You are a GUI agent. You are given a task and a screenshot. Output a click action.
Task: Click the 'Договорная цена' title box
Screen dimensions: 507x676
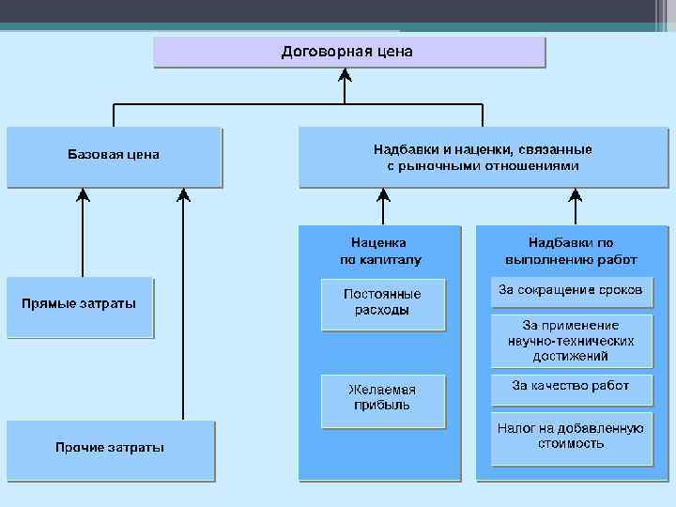pos(348,52)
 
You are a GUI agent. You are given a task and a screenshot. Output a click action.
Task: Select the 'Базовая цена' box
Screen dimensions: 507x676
pos(114,156)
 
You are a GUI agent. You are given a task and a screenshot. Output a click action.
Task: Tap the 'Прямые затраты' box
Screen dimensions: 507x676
pos(79,305)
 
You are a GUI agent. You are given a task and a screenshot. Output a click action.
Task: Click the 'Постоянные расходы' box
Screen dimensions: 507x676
pos(382,302)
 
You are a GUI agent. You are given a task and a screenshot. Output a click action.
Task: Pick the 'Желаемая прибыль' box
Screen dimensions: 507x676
pos(382,398)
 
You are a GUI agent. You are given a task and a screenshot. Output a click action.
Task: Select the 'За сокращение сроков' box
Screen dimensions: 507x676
pos(571,291)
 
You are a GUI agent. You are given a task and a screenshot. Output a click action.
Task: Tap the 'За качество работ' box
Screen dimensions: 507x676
pos(571,386)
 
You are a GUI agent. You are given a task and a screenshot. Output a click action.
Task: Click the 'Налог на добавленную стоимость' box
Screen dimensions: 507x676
pos(571,437)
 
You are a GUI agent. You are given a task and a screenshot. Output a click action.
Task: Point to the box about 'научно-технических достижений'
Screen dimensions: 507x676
pos(571,340)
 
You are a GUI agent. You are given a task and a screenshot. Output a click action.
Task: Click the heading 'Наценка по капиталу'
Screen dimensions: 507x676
pos(380,251)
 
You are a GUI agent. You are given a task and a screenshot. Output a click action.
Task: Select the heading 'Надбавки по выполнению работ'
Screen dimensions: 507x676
pos(571,251)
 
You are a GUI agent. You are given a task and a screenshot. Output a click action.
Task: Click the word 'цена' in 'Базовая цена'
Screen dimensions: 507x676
pos(142,155)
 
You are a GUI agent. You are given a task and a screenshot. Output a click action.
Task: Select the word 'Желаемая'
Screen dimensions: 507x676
pos(382,390)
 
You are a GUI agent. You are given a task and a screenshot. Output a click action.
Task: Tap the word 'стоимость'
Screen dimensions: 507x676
pos(571,444)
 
